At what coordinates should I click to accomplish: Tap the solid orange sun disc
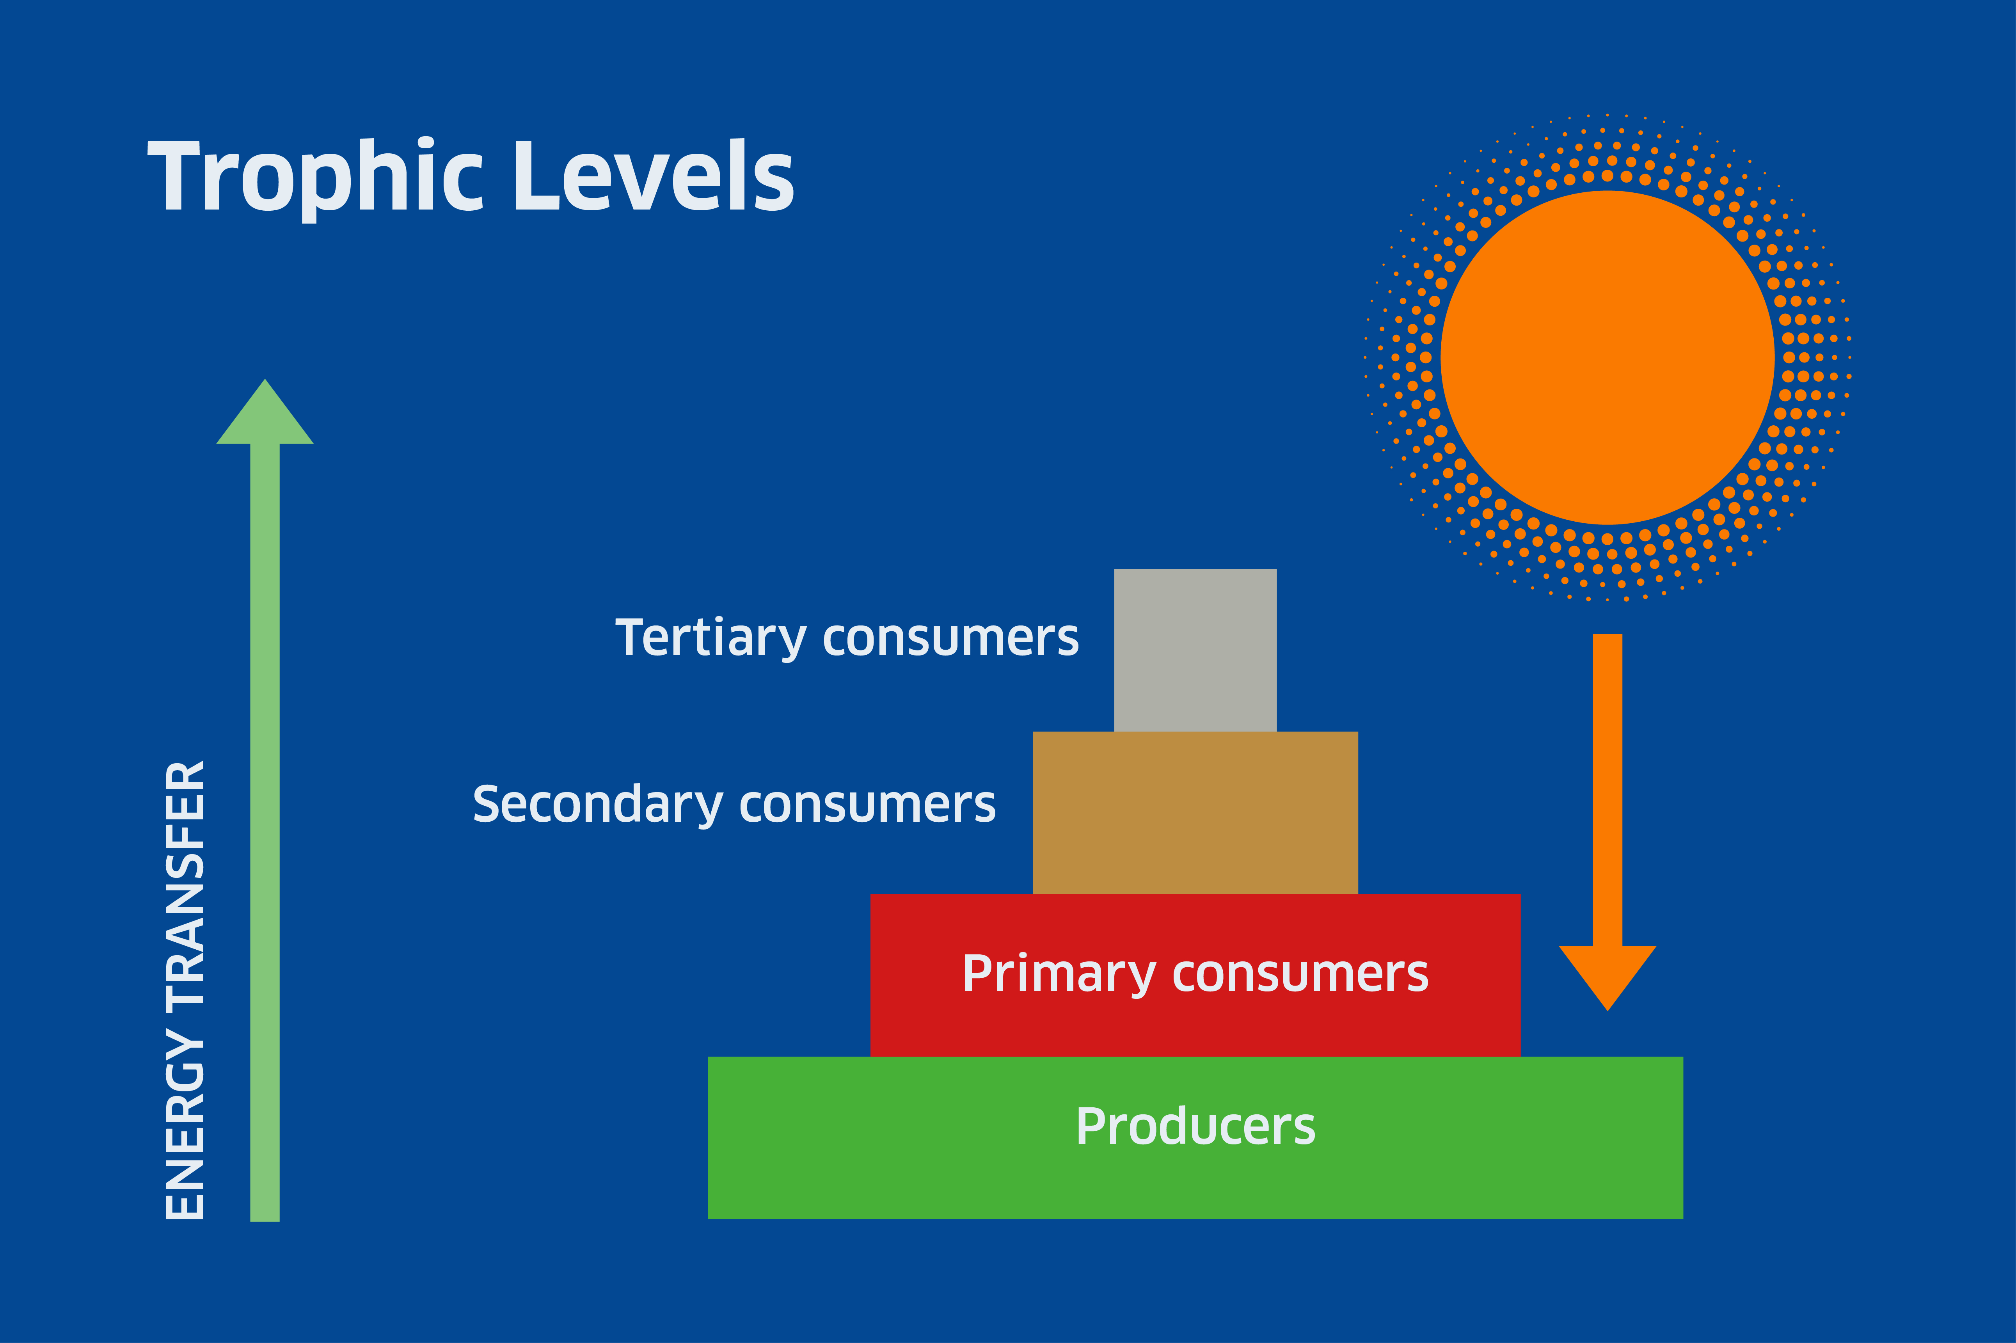click(1607, 357)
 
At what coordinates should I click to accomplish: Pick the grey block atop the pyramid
click(1195, 650)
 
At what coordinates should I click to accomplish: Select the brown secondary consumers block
click(1195, 813)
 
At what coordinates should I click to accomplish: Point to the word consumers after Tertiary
click(950, 639)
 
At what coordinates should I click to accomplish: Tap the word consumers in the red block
click(1300, 975)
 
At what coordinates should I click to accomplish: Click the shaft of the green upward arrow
click(265, 833)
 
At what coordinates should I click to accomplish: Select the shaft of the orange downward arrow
click(1607, 790)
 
